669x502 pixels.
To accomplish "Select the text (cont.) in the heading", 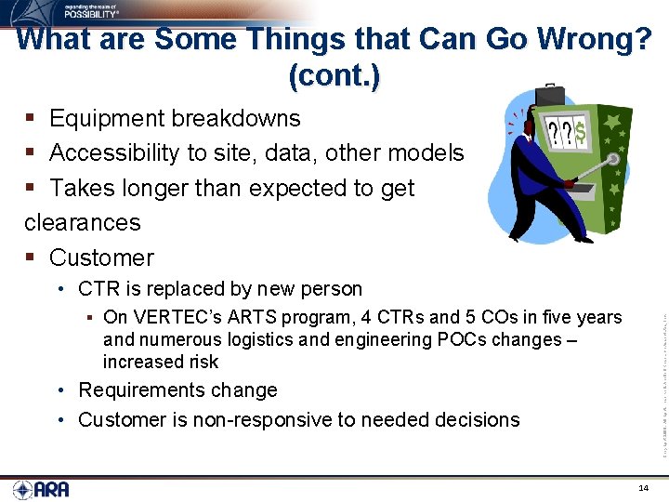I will [x=334, y=75].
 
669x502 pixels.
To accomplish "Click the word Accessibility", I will [x=122, y=152].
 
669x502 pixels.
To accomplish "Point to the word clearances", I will [x=83, y=222].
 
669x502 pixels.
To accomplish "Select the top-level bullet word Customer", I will [x=101, y=258].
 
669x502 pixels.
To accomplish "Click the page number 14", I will [x=644, y=488].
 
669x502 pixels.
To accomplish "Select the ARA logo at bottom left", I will [x=41, y=489].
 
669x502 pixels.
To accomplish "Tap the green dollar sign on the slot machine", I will [x=579, y=134].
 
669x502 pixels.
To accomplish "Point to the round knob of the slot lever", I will [x=614, y=159].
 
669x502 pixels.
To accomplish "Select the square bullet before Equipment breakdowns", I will [x=30, y=118].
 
